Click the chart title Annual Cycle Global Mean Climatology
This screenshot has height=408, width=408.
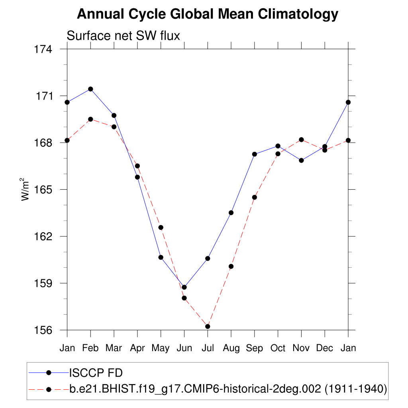(207, 15)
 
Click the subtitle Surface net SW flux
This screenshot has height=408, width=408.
(124, 36)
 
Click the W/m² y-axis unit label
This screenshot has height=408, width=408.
(25, 190)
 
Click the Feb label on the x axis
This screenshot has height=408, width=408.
(90, 348)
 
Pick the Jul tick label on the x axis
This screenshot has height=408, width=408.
(208, 348)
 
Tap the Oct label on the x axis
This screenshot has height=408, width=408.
(278, 348)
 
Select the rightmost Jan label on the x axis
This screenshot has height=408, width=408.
(348, 348)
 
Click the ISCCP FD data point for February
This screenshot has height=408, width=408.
(90, 89)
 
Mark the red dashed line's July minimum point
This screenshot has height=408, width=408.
(208, 326)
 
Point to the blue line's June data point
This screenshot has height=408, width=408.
(184, 287)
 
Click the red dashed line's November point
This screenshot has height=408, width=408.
(301, 139)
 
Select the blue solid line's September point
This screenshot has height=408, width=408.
(255, 154)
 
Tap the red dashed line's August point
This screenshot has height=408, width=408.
(231, 266)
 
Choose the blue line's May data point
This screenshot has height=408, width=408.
(161, 257)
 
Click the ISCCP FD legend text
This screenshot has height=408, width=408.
(96, 373)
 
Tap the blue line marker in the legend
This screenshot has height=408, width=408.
(49, 373)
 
